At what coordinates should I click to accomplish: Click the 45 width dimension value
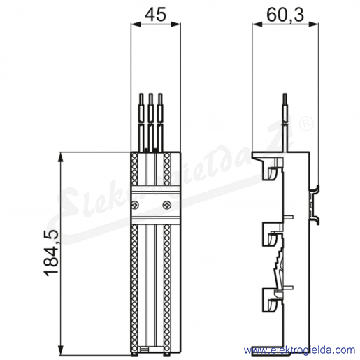pyautogui.click(x=155, y=14)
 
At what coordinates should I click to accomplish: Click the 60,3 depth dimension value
pyautogui.click(x=285, y=15)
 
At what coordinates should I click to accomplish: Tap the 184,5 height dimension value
pyautogui.click(x=52, y=253)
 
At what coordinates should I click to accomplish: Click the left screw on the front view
pyautogui.click(x=136, y=205)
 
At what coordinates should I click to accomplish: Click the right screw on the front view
pyautogui.click(x=167, y=205)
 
